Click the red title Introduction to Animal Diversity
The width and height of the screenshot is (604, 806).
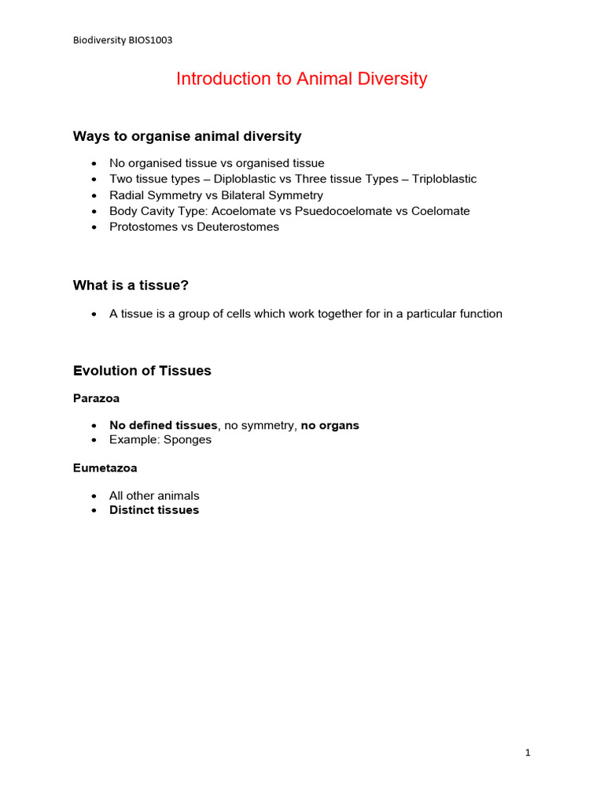point(301,79)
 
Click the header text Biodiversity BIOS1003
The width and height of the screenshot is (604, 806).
point(122,40)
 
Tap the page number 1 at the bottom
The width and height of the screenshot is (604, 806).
point(528,753)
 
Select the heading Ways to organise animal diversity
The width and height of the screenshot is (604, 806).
point(187,136)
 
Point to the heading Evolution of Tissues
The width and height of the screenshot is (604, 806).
point(142,371)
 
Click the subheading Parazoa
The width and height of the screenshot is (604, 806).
point(96,398)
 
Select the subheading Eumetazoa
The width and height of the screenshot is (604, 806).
point(105,468)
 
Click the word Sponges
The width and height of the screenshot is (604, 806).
point(187,439)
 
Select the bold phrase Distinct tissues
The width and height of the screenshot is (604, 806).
point(154,510)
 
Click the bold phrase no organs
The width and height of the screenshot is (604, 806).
point(330,425)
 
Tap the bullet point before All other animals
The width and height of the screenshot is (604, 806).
point(94,496)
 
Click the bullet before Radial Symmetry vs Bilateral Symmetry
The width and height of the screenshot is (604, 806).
point(94,195)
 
